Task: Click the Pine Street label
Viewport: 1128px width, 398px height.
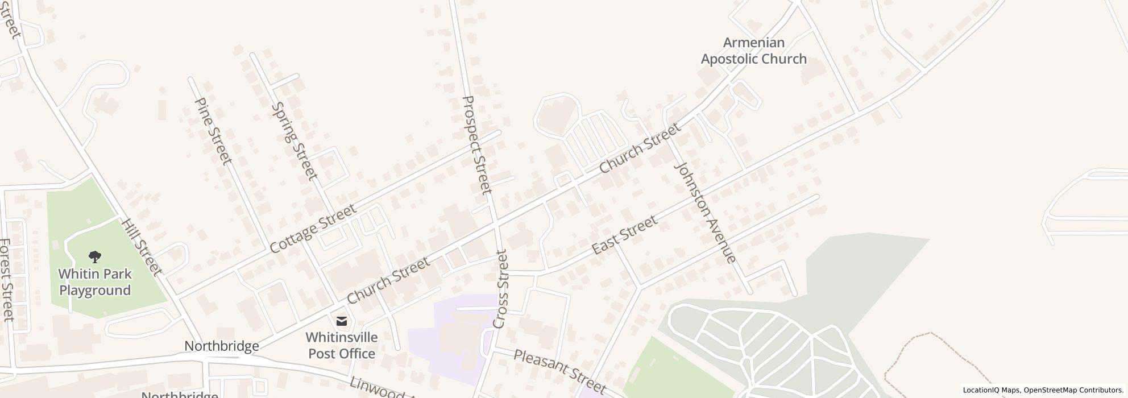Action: pos(213,131)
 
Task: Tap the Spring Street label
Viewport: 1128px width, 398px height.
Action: pos(293,141)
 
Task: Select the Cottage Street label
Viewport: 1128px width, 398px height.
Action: pos(313,229)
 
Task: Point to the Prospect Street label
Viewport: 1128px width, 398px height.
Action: pos(476,145)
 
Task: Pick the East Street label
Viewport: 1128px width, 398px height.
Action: pos(624,235)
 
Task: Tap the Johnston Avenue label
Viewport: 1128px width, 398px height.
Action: pos(704,213)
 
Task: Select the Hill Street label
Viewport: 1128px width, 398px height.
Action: pos(142,247)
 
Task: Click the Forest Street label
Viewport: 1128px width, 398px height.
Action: pos(7,280)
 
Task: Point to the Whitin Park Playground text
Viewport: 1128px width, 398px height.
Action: pos(96,282)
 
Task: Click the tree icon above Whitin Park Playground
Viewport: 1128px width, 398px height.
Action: pos(96,257)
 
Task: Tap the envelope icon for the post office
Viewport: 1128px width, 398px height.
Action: pos(341,321)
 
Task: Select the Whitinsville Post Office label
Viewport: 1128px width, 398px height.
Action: pos(341,345)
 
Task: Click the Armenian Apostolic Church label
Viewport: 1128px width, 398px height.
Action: pos(753,51)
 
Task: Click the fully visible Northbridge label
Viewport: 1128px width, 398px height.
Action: pos(222,346)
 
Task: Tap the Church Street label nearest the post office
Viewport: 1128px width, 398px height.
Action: pos(388,281)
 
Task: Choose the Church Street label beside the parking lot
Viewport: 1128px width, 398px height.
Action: pos(640,148)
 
